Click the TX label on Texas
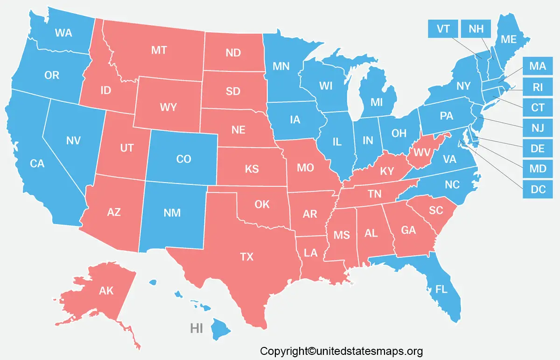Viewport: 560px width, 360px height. click(x=246, y=256)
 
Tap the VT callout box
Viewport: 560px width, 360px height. click(x=443, y=29)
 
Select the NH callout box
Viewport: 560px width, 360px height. click(x=476, y=29)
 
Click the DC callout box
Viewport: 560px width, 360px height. click(x=538, y=189)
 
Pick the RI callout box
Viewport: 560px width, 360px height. click(x=538, y=87)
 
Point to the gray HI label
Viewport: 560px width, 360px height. click(x=196, y=328)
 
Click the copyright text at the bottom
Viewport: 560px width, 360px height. click(x=341, y=351)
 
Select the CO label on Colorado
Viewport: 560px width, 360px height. click(x=183, y=159)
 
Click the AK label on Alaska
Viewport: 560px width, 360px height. click(x=106, y=291)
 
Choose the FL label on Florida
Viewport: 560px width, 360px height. click(x=441, y=289)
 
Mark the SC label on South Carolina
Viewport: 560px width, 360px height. click(x=436, y=211)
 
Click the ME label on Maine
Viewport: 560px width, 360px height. click(x=508, y=40)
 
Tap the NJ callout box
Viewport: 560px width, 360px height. click(x=538, y=128)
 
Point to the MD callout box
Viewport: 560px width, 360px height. click(x=538, y=169)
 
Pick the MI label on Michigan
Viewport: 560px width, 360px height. click(x=377, y=101)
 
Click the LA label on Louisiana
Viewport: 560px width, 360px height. click(x=310, y=253)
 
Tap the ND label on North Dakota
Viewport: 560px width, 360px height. click(x=233, y=53)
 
